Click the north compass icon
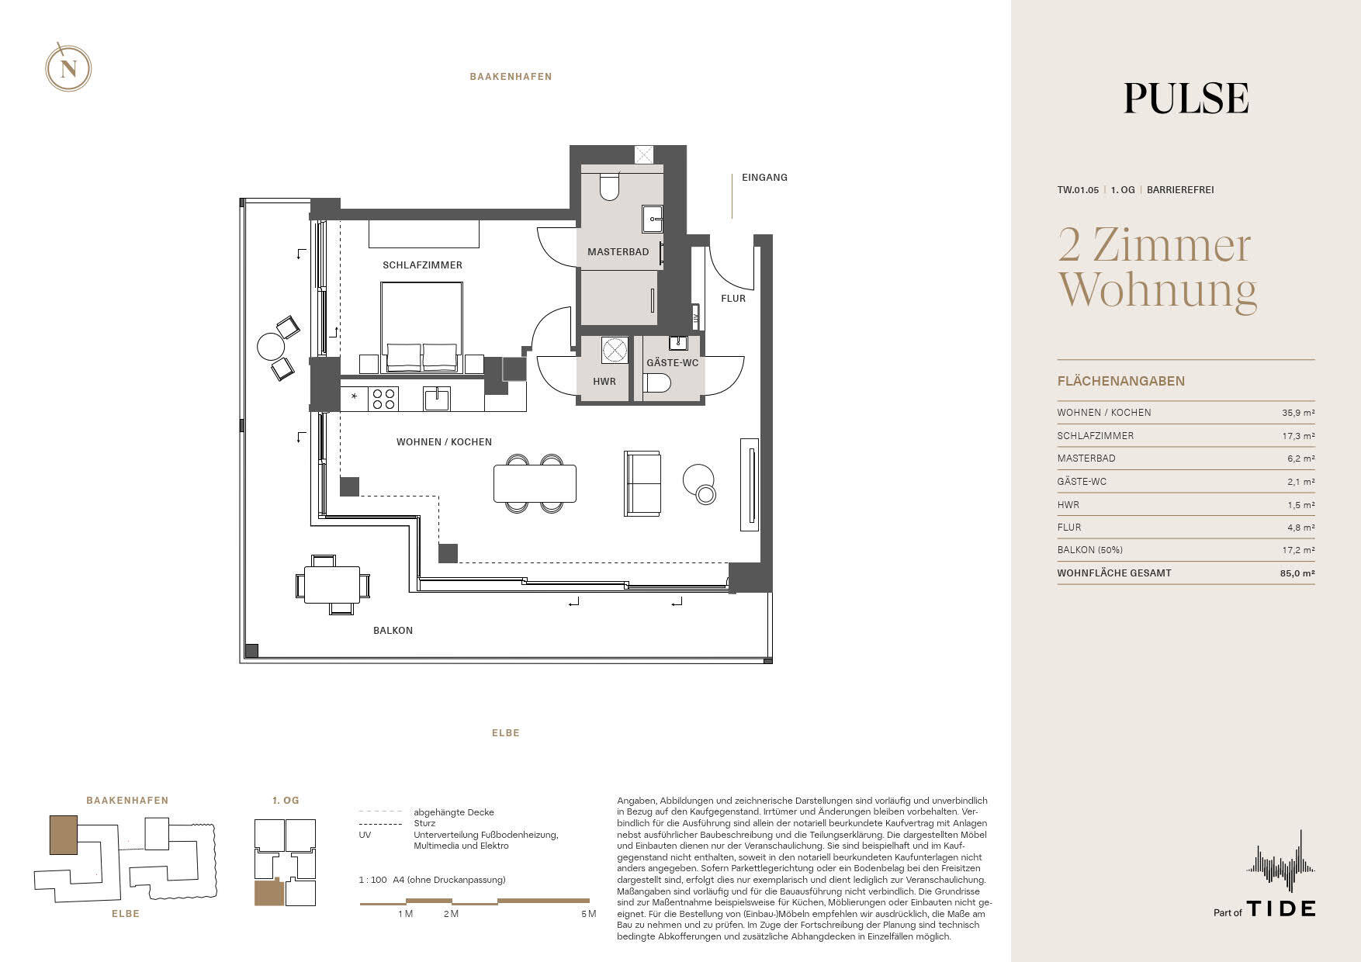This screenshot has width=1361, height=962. point(68,68)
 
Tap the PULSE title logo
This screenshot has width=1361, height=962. point(1186,99)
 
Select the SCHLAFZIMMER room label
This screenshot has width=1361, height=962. point(422,265)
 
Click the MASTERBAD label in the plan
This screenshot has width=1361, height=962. point(618,252)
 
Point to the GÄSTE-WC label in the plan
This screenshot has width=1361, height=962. point(672,363)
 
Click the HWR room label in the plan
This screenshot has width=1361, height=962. point(604,382)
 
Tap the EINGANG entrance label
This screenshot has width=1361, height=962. point(764,178)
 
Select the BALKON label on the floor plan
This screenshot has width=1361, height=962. point(393,631)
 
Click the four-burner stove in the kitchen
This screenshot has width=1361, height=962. point(384,399)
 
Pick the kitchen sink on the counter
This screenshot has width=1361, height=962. point(436,399)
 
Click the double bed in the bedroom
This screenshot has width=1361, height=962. point(421,327)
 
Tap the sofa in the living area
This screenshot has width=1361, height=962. point(642,483)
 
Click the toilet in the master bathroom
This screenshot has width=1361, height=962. point(610,187)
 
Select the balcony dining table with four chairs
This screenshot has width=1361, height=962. point(332,584)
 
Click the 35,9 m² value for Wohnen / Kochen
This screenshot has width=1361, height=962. point(1298,414)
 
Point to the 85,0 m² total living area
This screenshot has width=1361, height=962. point(1297,573)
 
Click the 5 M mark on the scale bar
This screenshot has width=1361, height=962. point(588,914)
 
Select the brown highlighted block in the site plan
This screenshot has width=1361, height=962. point(64,835)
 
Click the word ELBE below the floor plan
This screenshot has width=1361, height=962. point(505,733)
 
